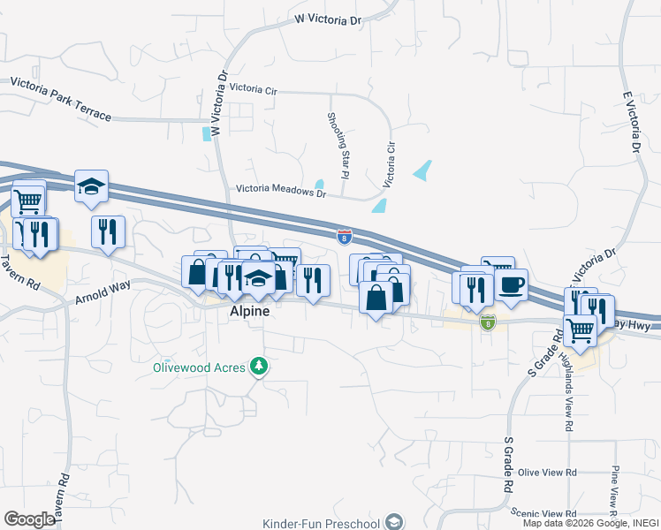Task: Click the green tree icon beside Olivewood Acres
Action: [258, 366]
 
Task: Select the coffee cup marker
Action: [512, 285]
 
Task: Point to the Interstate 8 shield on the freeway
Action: [344, 236]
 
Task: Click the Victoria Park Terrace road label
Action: [61, 98]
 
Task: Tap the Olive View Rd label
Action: [547, 473]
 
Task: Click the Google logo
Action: [29, 519]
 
